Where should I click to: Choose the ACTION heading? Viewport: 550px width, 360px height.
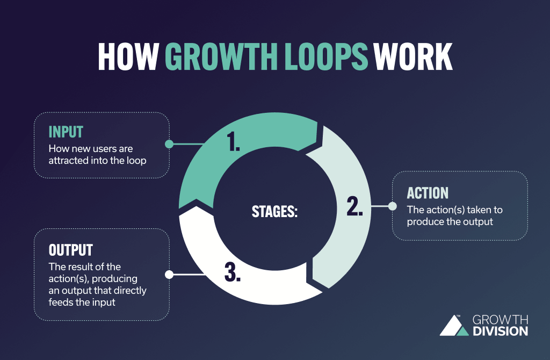(x=428, y=193)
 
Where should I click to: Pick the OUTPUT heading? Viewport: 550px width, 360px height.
(x=71, y=250)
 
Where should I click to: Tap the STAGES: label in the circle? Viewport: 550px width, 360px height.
(x=274, y=211)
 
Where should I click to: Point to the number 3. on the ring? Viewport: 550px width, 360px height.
(x=233, y=273)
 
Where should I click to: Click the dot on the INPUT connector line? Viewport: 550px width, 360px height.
(x=169, y=145)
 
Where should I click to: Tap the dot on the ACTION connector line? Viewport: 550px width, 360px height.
(x=392, y=206)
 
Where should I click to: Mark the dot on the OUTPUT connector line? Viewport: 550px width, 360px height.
(x=169, y=275)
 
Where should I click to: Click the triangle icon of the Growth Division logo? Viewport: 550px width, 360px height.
(x=453, y=326)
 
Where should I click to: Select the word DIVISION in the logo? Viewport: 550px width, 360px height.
(x=500, y=332)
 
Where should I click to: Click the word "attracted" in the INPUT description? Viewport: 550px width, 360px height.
(x=68, y=160)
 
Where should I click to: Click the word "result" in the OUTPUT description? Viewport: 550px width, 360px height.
(x=80, y=267)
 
